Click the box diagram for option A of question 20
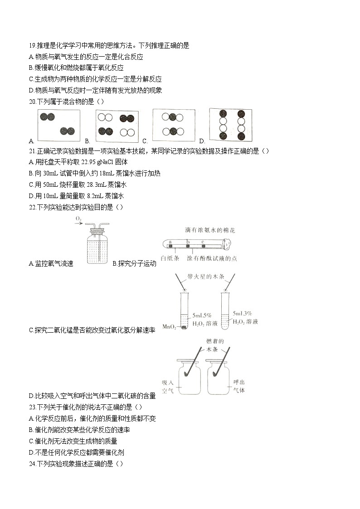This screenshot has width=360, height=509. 58,126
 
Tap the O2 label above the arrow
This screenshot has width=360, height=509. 78,219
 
